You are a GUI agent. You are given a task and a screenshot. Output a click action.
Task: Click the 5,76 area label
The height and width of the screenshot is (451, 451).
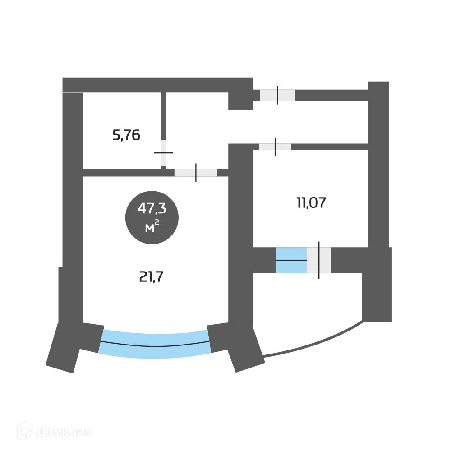(126, 135)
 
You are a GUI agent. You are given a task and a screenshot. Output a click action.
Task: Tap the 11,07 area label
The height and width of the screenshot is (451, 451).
(311, 203)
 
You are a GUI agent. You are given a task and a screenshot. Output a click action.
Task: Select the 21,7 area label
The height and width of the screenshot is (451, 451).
(151, 276)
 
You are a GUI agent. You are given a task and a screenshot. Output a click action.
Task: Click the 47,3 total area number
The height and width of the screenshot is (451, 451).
(152, 208)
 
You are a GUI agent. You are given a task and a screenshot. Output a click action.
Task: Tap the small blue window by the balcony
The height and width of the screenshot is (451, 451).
(291, 260)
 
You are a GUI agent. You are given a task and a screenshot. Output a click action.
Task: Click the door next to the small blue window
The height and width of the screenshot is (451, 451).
(319, 260)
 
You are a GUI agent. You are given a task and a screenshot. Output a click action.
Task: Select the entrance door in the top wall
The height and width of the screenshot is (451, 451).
(277, 95)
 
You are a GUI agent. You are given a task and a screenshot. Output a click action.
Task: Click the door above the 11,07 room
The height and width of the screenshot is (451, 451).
(275, 147)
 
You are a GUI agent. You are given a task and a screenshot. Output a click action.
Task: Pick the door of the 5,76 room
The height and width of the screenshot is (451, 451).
(163, 153)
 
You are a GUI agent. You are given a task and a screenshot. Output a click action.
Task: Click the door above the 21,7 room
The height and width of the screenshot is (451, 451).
(196, 172)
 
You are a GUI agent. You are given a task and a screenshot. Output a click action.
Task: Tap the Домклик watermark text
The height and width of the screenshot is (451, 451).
(63, 432)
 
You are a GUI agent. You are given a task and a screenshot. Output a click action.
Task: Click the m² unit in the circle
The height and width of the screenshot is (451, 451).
(152, 227)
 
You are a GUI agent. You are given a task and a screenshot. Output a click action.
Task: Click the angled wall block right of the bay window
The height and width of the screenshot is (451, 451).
(235, 345)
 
